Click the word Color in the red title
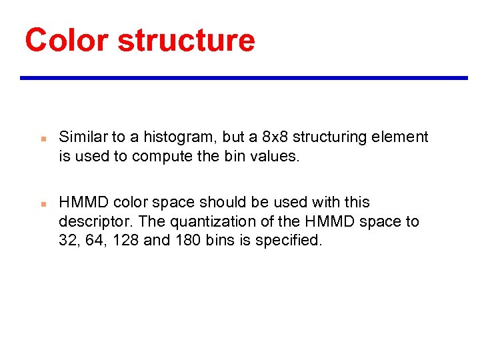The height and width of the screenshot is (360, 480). tap(66, 40)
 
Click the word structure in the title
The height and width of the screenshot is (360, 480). tap(186, 40)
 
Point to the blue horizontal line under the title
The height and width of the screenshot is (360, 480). tap(244, 78)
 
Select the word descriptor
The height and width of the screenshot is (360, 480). tap(91, 221)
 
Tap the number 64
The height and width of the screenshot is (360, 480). tap(94, 241)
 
